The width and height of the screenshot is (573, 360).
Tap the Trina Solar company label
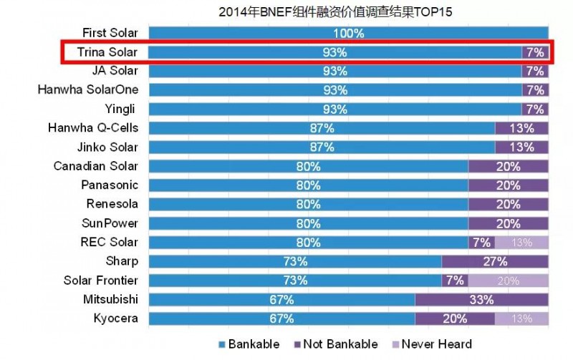pyautogui.click(x=107, y=52)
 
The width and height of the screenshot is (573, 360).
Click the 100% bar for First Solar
pyautogui.click(x=348, y=33)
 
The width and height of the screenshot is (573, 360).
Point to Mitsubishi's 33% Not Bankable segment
pyautogui.click(x=482, y=298)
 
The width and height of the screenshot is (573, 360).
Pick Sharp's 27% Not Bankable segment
pyautogui.click(x=495, y=261)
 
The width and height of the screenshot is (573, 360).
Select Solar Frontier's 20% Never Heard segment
pyautogui.click(x=509, y=280)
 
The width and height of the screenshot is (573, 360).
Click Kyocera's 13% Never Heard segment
pyautogui.click(x=521, y=318)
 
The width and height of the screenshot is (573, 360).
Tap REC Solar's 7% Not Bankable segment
pyautogui.click(x=481, y=242)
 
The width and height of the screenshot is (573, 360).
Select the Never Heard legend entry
pyautogui.click(x=429, y=344)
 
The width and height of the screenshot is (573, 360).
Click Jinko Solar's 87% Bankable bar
pyautogui.click(x=322, y=147)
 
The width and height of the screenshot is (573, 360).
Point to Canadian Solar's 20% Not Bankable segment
pyautogui.click(x=509, y=166)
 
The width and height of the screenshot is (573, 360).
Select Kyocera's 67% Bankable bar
pyautogui.click(x=281, y=318)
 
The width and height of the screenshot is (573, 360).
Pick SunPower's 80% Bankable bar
pyautogui.click(x=308, y=223)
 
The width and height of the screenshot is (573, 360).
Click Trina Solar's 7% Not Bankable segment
pyautogui.click(x=535, y=52)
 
